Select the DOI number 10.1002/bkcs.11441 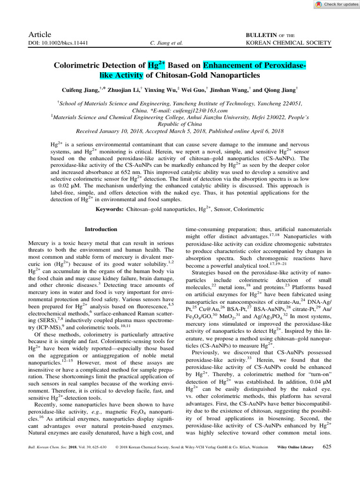click(66, 43)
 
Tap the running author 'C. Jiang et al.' click(166, 43)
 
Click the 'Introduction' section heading click(100, 229)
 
